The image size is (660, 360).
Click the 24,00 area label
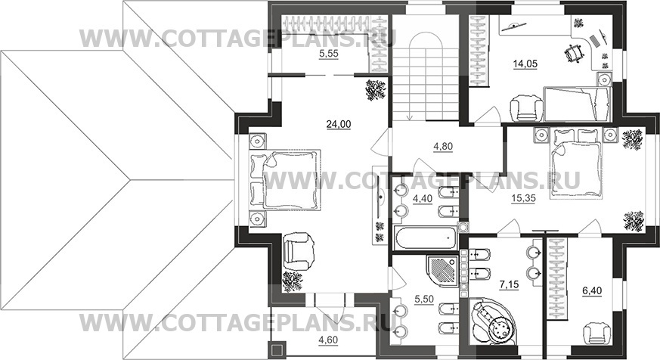coord(339,124)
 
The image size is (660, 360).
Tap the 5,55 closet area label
coord(329,54)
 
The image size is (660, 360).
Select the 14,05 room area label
coord(525,64)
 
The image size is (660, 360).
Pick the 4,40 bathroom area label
coord(423,199)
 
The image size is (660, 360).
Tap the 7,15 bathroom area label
coord(509,284)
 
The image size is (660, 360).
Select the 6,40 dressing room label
coord(592,290)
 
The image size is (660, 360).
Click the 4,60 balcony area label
coord(328,340)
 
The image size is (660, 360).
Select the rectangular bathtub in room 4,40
coord(426,238)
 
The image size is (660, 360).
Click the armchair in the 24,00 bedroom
coord(299,252)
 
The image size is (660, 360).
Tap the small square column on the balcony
coord(277,350)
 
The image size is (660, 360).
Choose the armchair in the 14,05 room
coord(526,108)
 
